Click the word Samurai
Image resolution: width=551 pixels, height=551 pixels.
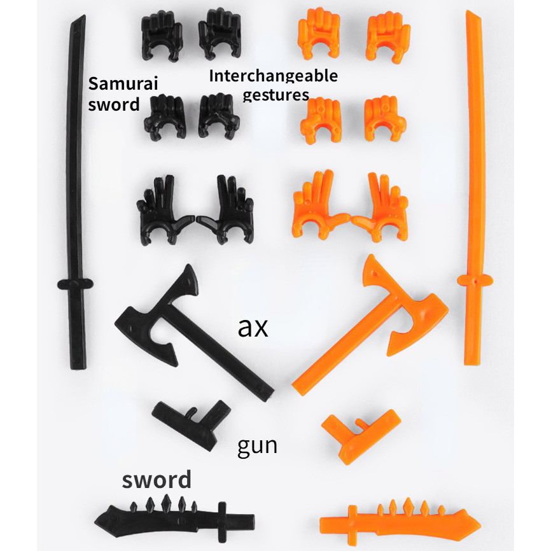[123, 84]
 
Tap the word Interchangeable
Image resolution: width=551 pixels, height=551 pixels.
[273, 77]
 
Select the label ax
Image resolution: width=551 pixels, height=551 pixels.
[253, 327]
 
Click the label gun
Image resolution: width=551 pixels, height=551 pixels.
[257, 445]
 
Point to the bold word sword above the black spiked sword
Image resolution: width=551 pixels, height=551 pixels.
[157, 479]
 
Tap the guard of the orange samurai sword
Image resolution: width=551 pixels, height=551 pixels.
[475, 279]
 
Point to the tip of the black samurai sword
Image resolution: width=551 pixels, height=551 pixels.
[81, 19]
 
